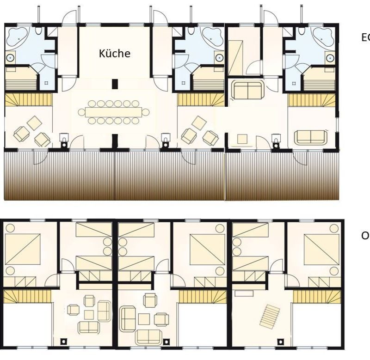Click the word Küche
(x=115, y=53)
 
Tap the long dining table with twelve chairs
(x=114, y=112)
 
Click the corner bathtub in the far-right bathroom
(x=324, y=36)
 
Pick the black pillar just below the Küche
(x=114, y=84)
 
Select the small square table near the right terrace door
(x=242, y=138)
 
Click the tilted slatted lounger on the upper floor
(x=271, y=316)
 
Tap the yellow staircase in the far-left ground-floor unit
(x=28, y=99)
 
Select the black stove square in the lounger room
(x=280, y=342)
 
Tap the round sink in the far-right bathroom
(x=330, y=57)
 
